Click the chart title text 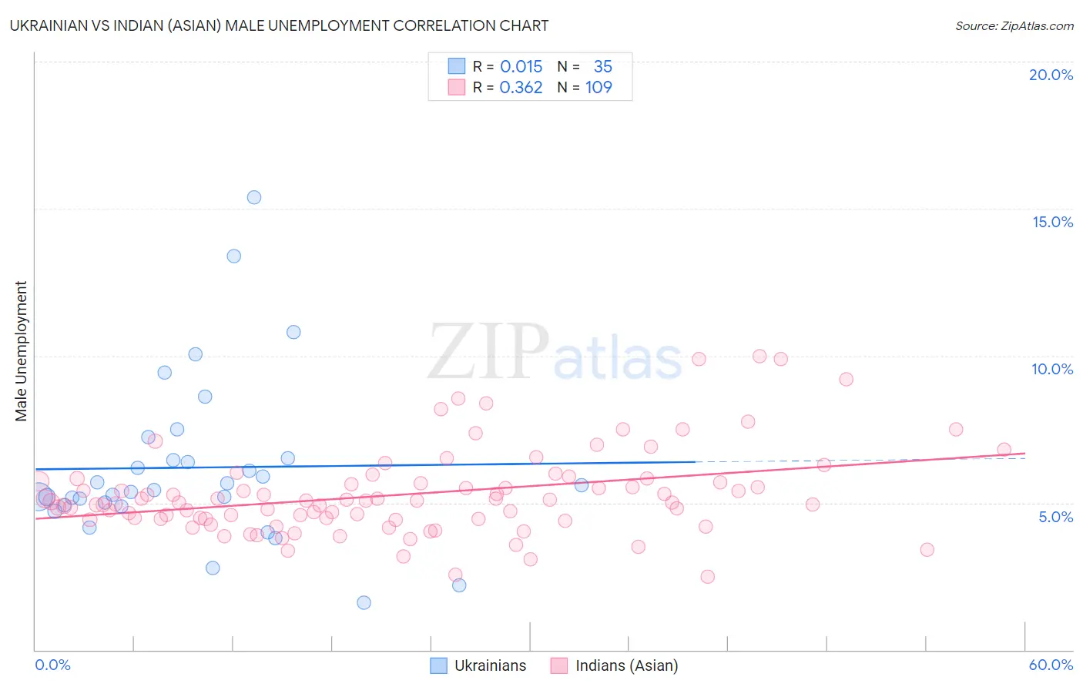pyautogui.click(x=279, y=25)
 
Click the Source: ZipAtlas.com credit pyautogui.click(x=1014, y=25)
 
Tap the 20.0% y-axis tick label pyautogui.click(x=1051, y=75)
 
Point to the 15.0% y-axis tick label pyautogui.click(x=1052, y=222)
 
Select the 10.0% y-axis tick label pyautogui.click(x=1052, y=369)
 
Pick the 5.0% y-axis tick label pyautogui.click(x=1055, y=517)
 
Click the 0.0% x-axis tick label pyautogui.click(x=52, y=665)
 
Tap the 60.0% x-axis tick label pyautogui.click(x=1051, y=665)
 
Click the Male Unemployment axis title pyautogui.click(x=22, y=351)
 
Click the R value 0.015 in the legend pyautogui.click(x=521, y=67)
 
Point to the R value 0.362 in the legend pyautogui.click(x=521, y=88)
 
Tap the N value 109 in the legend pyautogui.click(x=598, y=88)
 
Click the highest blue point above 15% pyautogui.click(x=254, y=197)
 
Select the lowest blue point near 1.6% pyautogui.click(x=364, y=602)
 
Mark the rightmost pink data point pyautogui.click(x=1004, y=450)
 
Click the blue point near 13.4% pyautogui.click(x=234, y=256)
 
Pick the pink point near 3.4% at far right pyautogui.click(x=927, y=550)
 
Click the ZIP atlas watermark pyautogui.click(x=555, y=353)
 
